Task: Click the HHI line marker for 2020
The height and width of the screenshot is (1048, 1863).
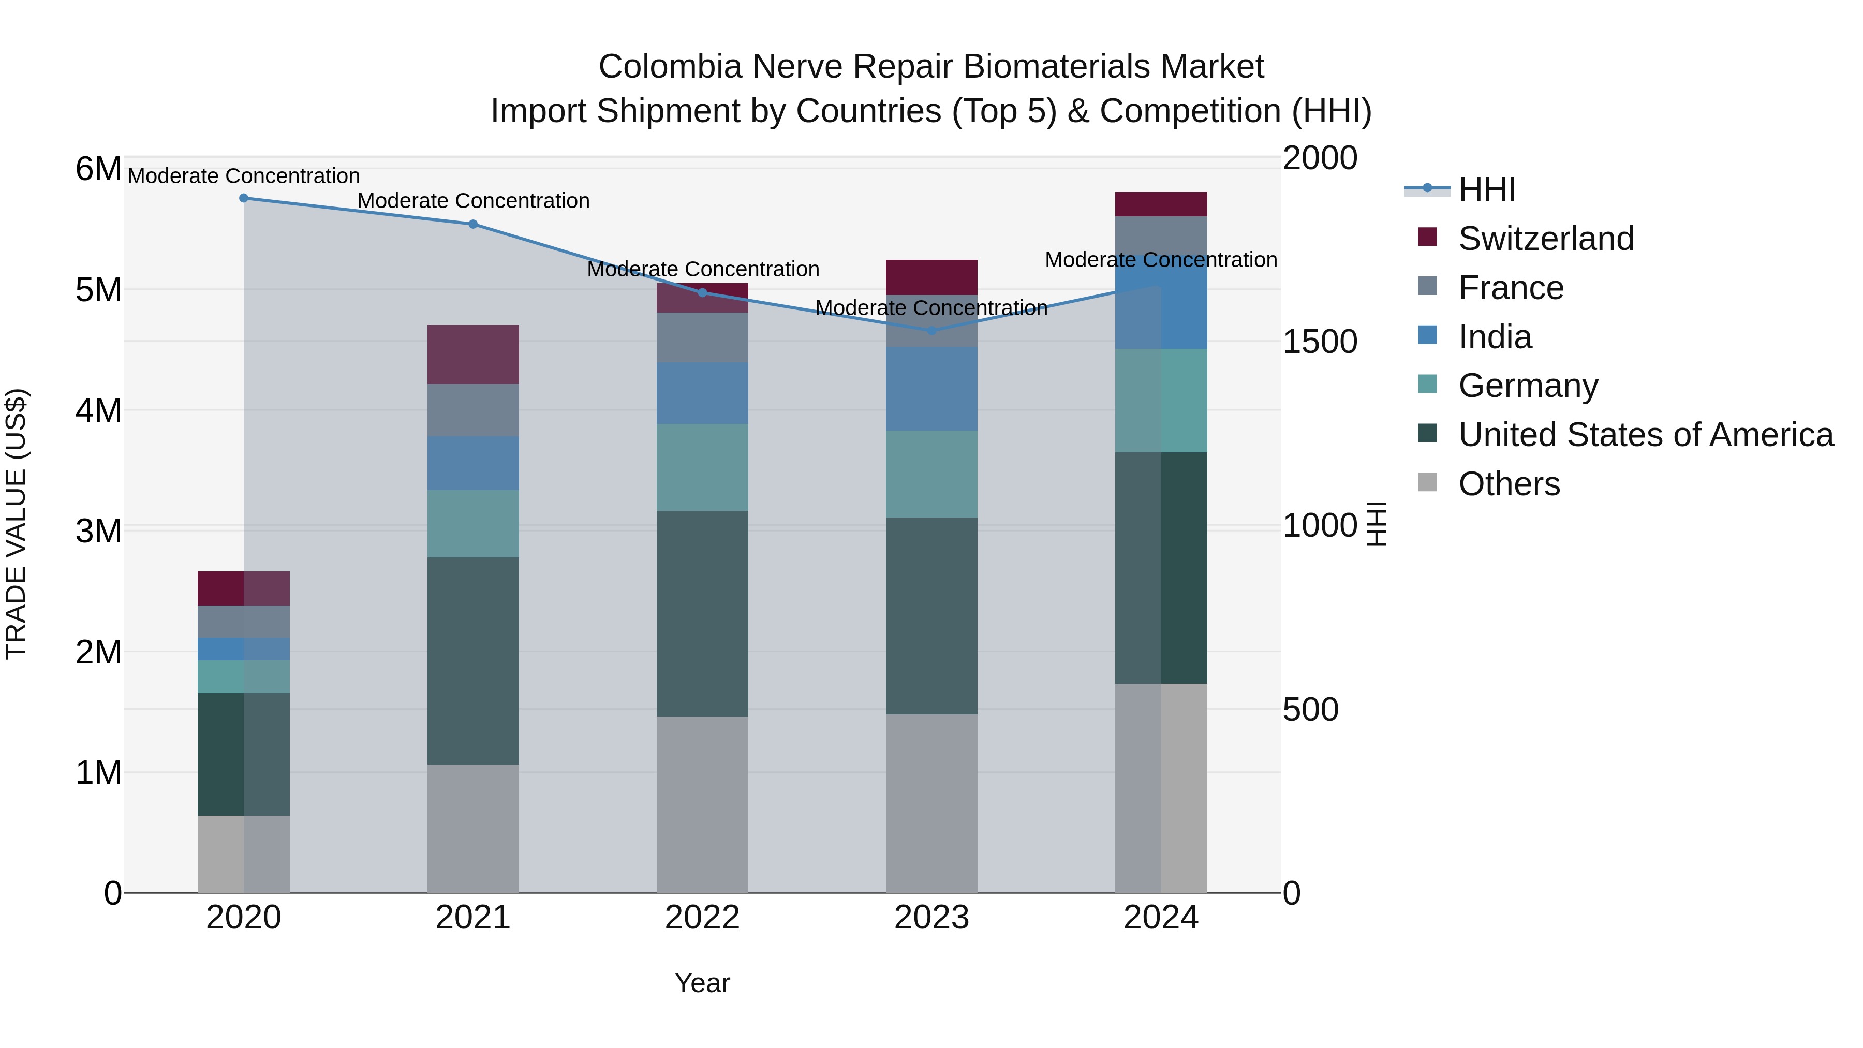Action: pos(244,198)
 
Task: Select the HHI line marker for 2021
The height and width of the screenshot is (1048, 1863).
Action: pos(473,224)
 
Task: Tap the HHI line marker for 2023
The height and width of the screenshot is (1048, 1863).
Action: pos(931,331)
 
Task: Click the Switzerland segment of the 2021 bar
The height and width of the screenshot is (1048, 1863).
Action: pos(473,355)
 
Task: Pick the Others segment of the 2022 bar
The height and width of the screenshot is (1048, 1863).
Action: pos(702,804)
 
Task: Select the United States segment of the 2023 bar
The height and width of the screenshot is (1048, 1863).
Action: pos(931,615)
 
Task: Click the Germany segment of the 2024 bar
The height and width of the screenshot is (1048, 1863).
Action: pos(1161,401)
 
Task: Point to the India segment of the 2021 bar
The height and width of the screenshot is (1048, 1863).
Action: pos(473,463)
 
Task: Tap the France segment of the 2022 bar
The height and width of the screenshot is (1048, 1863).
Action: pos(702,337)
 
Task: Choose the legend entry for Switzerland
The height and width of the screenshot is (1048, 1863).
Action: pos(1545,239)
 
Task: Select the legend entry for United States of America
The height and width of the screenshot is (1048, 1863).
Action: pos(1645,435)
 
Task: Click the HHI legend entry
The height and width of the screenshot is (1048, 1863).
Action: pos(1486,189)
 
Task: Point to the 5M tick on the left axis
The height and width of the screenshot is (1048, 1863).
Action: pos(98,290)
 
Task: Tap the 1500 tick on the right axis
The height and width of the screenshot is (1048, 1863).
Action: pos(1319,342)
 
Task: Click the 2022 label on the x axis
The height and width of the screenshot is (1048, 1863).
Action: pos(702,918)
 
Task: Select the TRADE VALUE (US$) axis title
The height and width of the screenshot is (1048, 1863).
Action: pos(16,524)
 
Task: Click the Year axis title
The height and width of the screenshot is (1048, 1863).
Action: pos(702,983)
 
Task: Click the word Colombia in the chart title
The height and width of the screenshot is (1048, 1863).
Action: pos(670,67)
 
